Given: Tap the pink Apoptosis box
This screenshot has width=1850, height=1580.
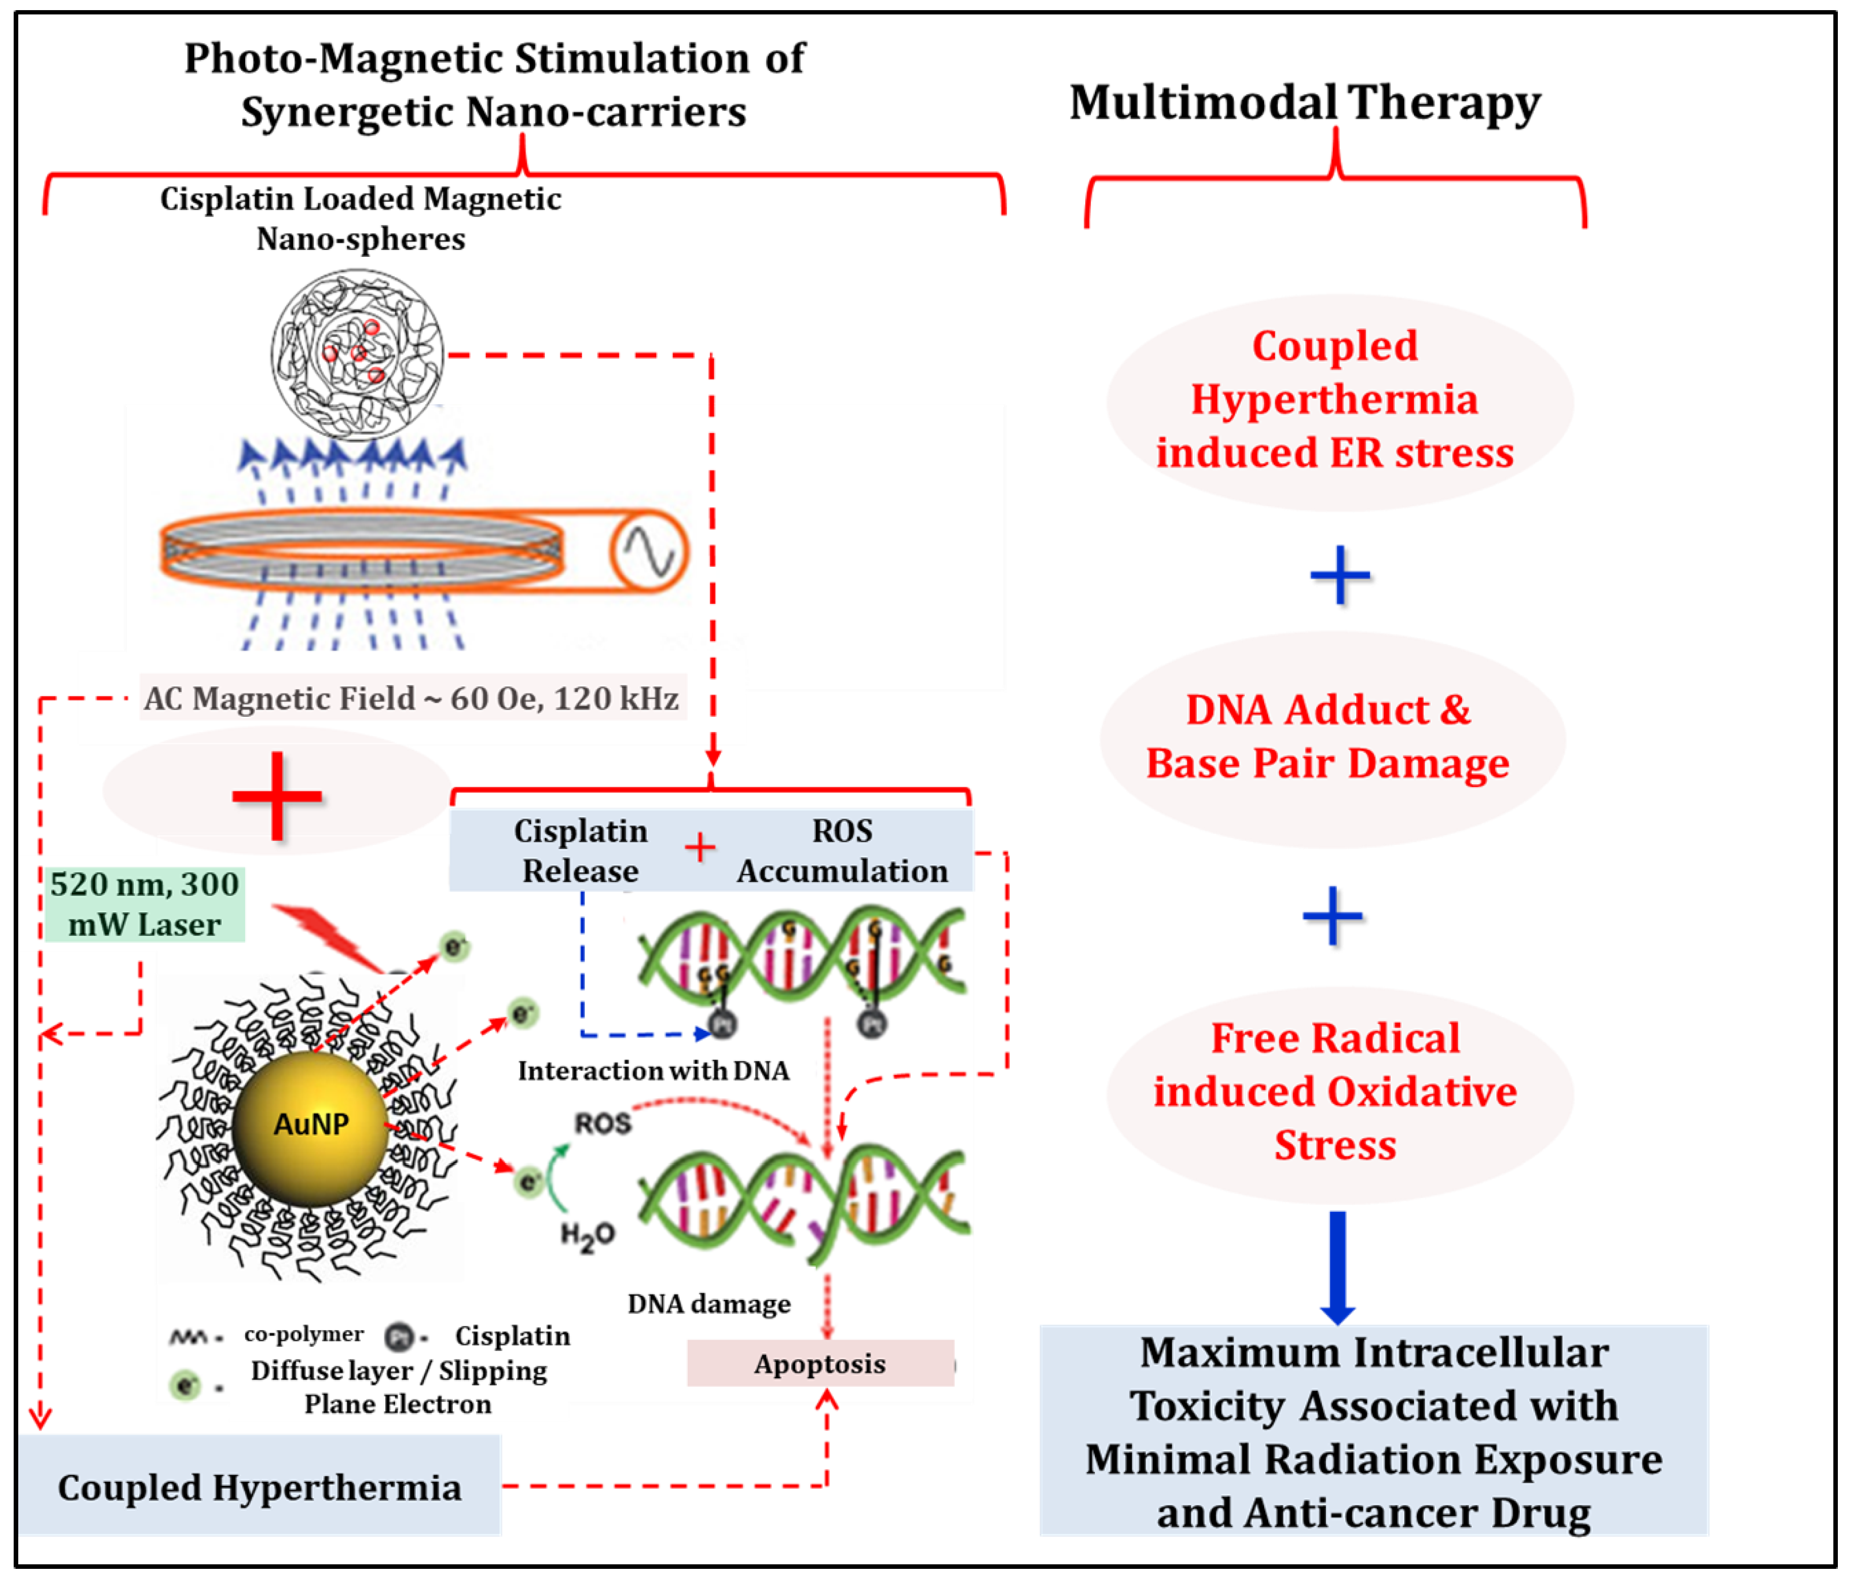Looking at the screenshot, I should click(819, 1363).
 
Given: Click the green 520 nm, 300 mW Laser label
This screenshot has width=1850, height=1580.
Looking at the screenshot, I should click(145, 904).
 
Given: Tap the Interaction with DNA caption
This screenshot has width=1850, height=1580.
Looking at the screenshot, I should click(653, 1070).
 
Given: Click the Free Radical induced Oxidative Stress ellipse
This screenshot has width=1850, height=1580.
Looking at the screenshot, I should click(1336, 1092).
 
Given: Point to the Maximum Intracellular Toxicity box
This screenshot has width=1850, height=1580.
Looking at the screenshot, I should click(1373, 1431).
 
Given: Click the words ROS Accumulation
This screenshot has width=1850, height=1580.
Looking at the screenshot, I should click(842, 851).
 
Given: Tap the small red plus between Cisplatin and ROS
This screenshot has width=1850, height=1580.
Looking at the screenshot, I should click(700, 846).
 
